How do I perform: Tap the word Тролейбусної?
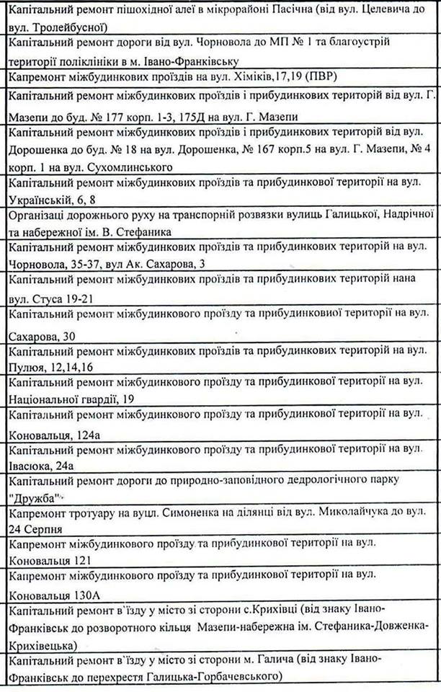click(64, 28)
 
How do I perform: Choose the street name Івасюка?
click(29, 466)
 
